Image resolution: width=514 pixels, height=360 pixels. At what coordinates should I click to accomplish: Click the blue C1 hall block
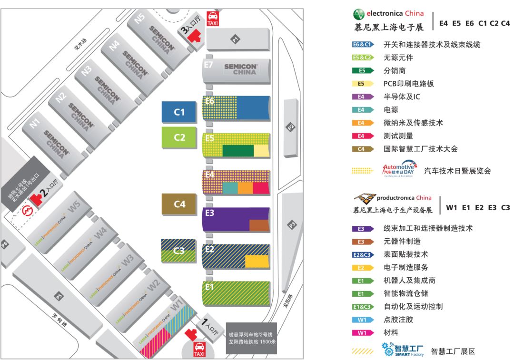click(179, 113)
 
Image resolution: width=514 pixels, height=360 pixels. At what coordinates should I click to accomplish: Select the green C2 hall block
click(179, 138)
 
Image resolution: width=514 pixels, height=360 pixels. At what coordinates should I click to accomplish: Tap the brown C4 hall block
click(179, 204)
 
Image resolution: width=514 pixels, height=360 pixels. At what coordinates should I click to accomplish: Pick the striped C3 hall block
click(178, 251)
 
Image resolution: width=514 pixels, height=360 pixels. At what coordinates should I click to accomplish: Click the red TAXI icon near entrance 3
click(212, 19)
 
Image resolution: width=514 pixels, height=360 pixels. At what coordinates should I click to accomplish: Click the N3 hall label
click(86, 70)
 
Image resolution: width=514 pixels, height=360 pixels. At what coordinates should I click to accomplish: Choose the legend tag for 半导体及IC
click(362, 97)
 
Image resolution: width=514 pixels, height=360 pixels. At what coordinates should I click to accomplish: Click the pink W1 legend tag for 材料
click(362, 333)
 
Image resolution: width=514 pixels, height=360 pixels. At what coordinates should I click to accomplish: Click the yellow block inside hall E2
click(257, 261)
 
